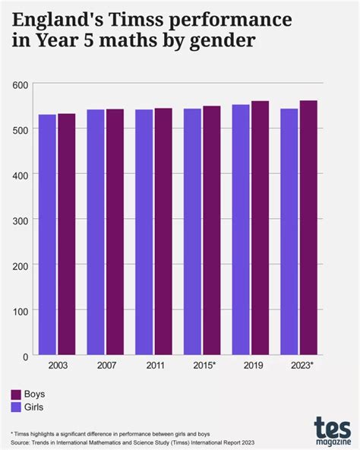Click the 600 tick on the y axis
[x=21, y=84]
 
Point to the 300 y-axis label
[x=21, y=220]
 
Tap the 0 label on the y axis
[x=25, y=356]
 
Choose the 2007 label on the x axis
[x=106, y=366]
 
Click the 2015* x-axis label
[x=204, y=366]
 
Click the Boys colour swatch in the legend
[x=15, y=395]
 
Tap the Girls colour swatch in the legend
[x=15, y=407]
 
